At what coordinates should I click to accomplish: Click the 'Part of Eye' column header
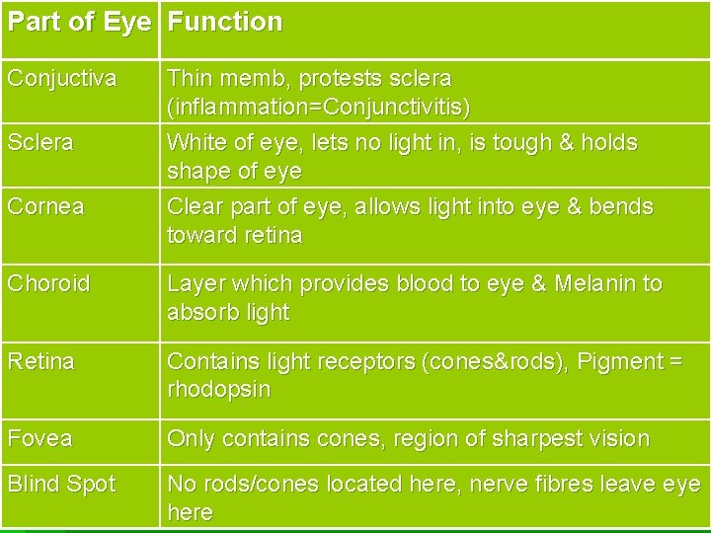click(79, 22)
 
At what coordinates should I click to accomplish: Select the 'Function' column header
click(224, 22)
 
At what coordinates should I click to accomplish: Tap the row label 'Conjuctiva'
click(61, 77)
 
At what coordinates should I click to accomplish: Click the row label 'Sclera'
click(40, 142)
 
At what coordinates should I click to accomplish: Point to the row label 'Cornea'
click(45, 207)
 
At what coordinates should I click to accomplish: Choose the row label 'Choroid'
click(48, 283)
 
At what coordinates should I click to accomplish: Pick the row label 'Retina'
click(40, 361)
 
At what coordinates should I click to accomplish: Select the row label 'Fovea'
click(39, 437)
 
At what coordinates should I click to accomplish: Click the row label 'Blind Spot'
click(61, 484)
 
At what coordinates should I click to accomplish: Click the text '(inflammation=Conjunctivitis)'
click(319, 106)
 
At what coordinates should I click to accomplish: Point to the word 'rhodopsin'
click(219, 390)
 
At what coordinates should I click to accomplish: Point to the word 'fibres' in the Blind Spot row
click(554, 484)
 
